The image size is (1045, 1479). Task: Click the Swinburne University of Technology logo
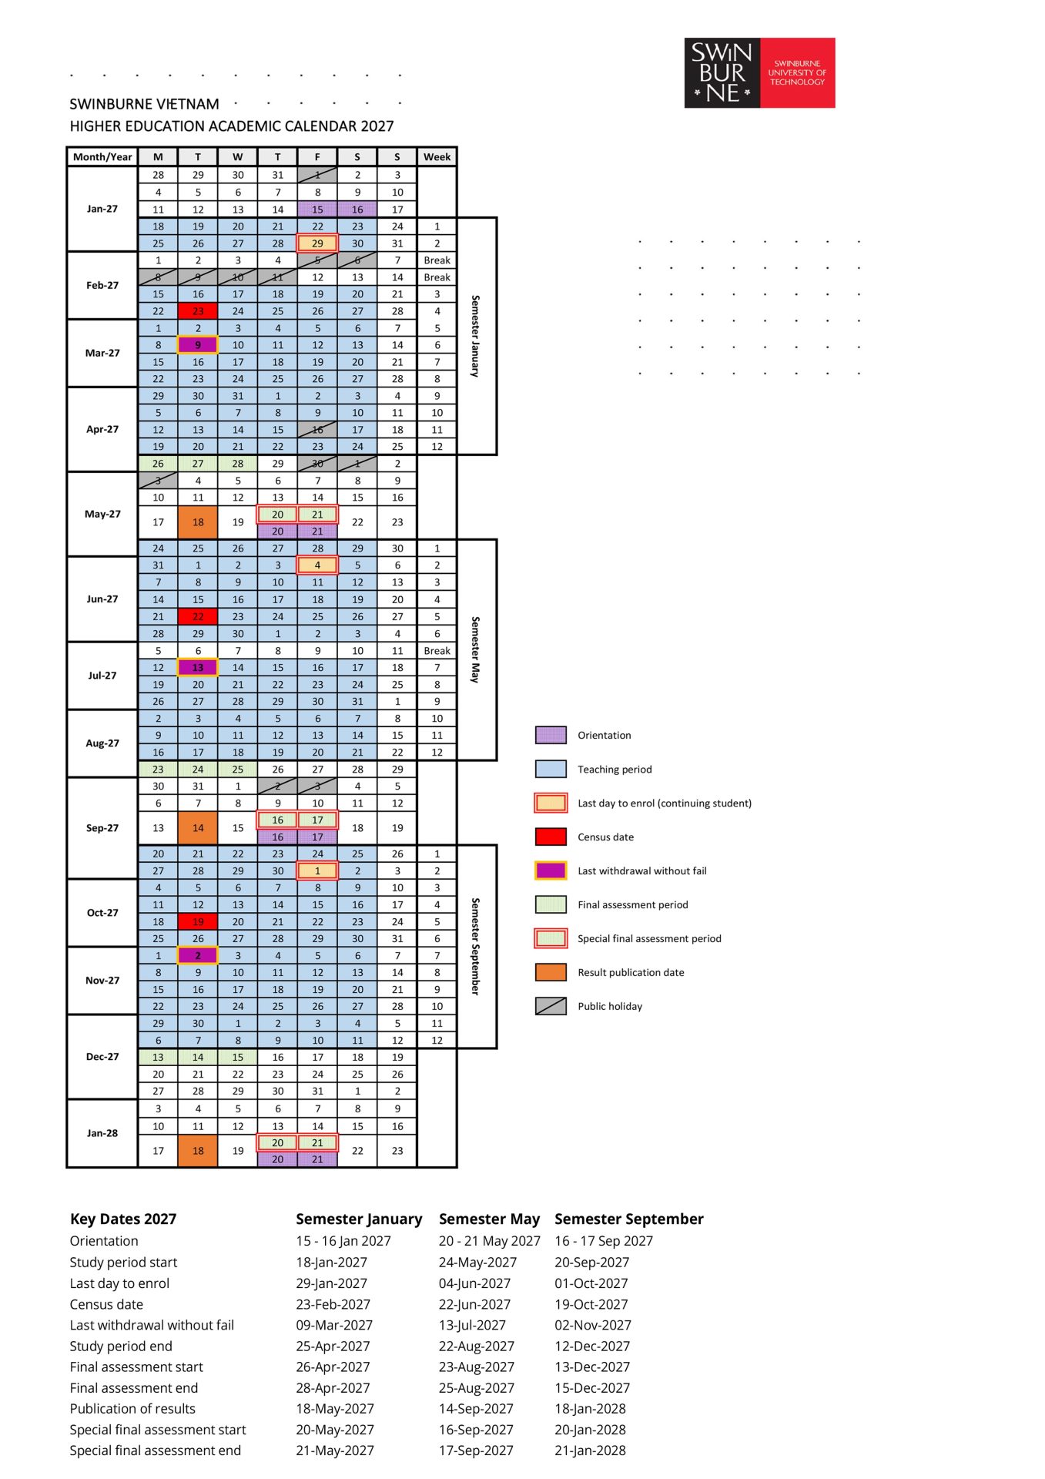[759, 72]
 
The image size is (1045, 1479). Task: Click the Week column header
[437, 156]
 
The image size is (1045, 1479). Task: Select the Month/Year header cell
[102, 156]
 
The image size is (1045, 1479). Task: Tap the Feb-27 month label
[102, 285]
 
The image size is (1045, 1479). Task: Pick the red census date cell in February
[198, 311]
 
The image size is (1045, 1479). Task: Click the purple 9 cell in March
[198, 345]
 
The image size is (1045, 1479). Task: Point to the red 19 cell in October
[198, 921]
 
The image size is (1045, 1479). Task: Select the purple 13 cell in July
[198, 667]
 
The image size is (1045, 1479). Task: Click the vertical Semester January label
[475, 336]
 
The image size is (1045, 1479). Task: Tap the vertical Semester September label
[475, 946]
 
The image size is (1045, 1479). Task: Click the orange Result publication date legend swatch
[551, 972]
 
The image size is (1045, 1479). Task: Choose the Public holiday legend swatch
[551, 1006]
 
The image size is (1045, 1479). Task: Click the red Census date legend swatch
[551, 837]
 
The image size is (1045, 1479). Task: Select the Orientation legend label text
[605, 735]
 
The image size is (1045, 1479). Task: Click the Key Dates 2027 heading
[123, 1219]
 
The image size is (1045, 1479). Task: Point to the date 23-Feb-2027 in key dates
[333, 1304]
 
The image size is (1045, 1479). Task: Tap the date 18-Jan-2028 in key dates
[590, 1408]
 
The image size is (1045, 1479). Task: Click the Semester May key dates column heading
[489, 1219]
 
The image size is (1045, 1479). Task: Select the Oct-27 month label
[102, 913]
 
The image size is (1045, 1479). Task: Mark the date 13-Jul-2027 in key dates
[472, 1325]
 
